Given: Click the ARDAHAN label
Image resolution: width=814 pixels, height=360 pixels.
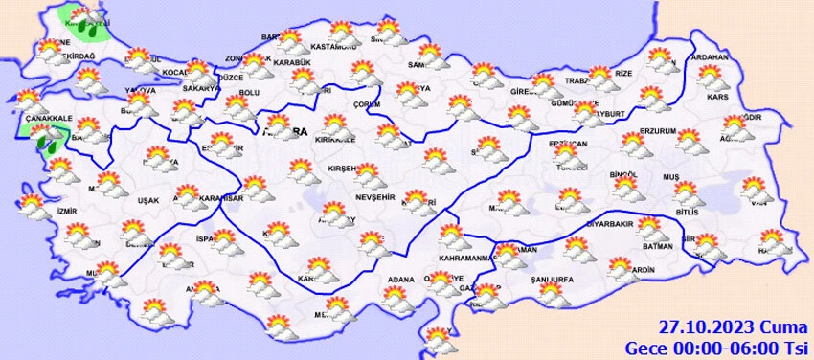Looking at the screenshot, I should (x=709, y=57).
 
